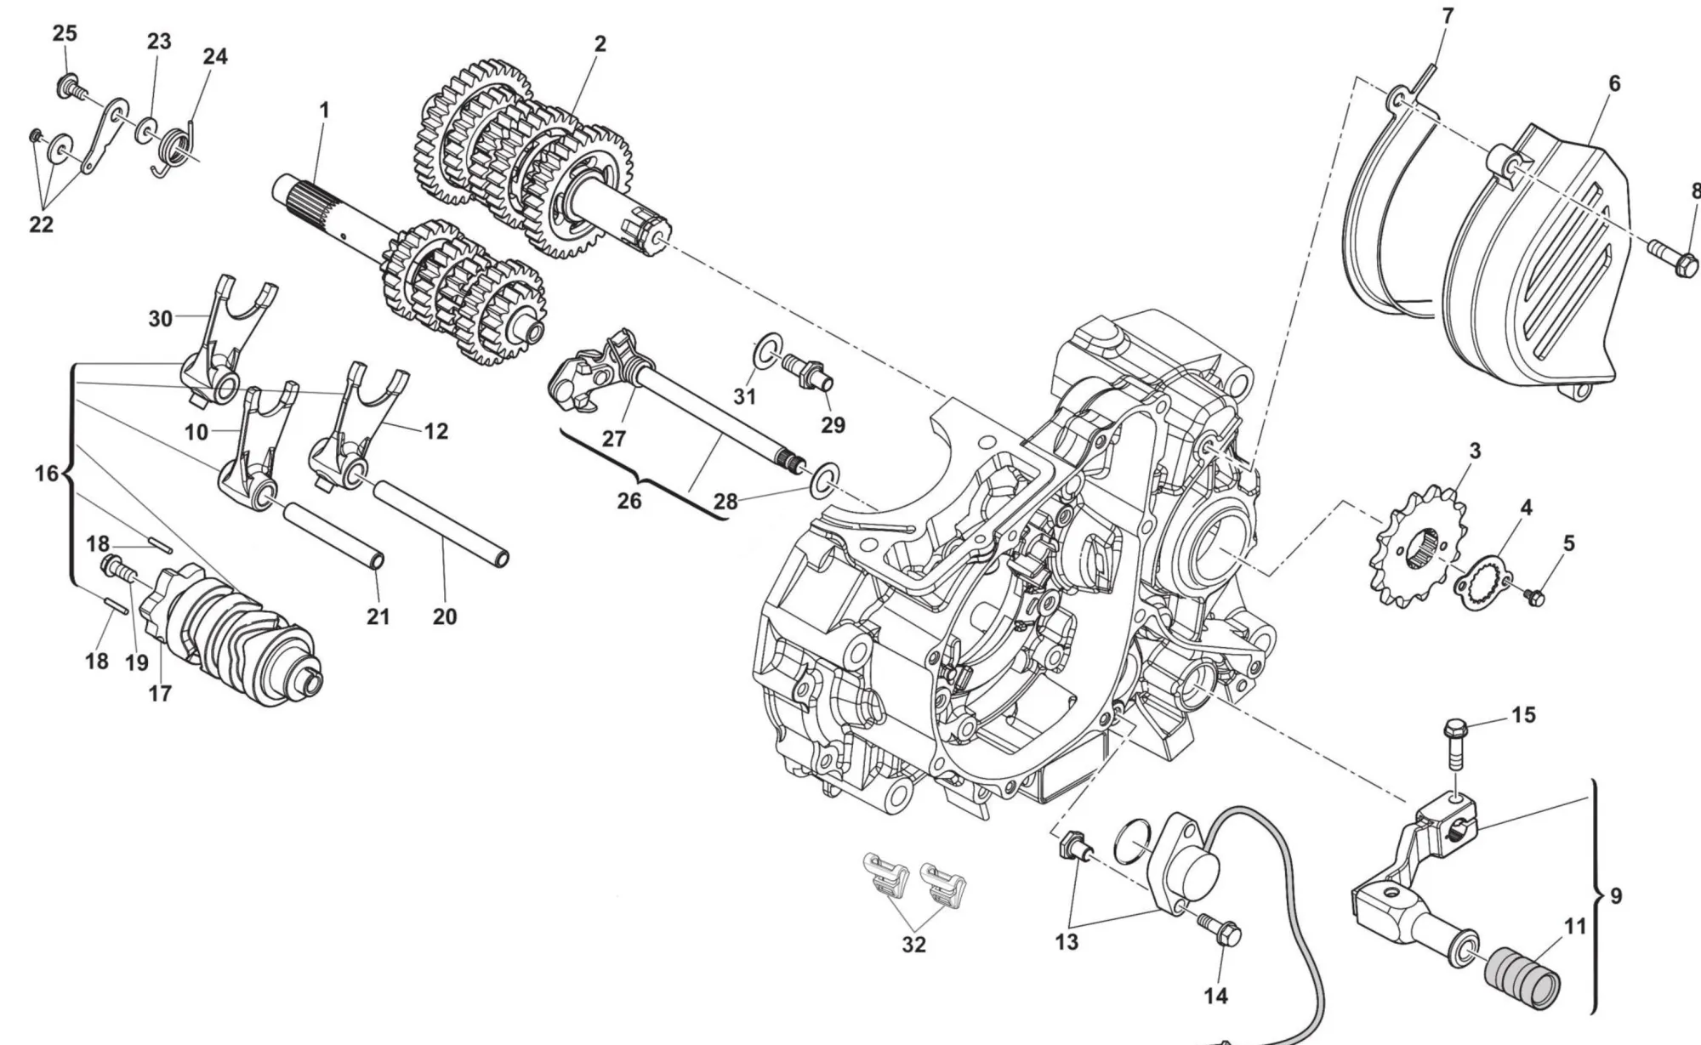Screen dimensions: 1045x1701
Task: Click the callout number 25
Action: point(65,33)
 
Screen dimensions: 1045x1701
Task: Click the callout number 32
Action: point(913,944)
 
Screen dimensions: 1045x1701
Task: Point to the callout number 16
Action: point(46,474)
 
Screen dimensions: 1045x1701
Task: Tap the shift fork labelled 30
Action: point(225,340)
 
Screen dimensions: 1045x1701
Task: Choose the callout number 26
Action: point(629,501)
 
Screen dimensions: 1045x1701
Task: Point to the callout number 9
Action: point(1616,895)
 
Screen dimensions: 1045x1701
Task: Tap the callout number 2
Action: point(600,44)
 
